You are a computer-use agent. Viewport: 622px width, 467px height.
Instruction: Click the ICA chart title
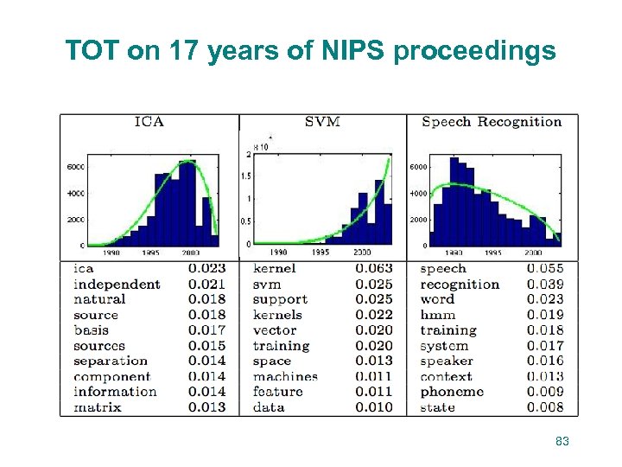pos(149,122)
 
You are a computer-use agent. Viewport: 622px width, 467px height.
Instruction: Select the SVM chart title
pos(322,122)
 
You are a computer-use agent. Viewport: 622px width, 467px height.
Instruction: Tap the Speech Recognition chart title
pos(492,122)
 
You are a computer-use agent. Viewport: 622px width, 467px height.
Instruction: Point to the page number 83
pos(562,442)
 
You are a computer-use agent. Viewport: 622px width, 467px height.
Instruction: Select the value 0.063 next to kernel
pos(374,269)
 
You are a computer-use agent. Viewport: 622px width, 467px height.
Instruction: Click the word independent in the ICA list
pos(117,285)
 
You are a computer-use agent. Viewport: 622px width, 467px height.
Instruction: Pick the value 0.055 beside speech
pos(545,269)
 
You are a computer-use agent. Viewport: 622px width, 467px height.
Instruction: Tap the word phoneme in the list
pos(452,392)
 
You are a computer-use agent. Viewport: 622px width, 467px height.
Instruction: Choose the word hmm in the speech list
pos(438,315)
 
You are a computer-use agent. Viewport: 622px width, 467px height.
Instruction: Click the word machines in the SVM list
pos(285,377)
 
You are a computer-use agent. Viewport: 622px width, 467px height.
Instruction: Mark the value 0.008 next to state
pos(545,407)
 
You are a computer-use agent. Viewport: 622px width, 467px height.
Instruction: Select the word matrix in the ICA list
pos(98,407)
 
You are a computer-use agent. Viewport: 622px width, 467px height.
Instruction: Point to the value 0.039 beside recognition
pos(545,285)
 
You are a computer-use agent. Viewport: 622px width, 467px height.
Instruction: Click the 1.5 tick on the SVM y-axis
pos(248,176)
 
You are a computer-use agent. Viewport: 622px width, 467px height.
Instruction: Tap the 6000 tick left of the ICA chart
pos(75,167)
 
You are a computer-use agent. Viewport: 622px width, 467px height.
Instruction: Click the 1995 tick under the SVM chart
pos(321,252)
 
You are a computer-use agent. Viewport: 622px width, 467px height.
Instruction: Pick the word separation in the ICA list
pos(111,361)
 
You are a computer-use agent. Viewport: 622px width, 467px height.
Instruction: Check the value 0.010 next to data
pos(374,407)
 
